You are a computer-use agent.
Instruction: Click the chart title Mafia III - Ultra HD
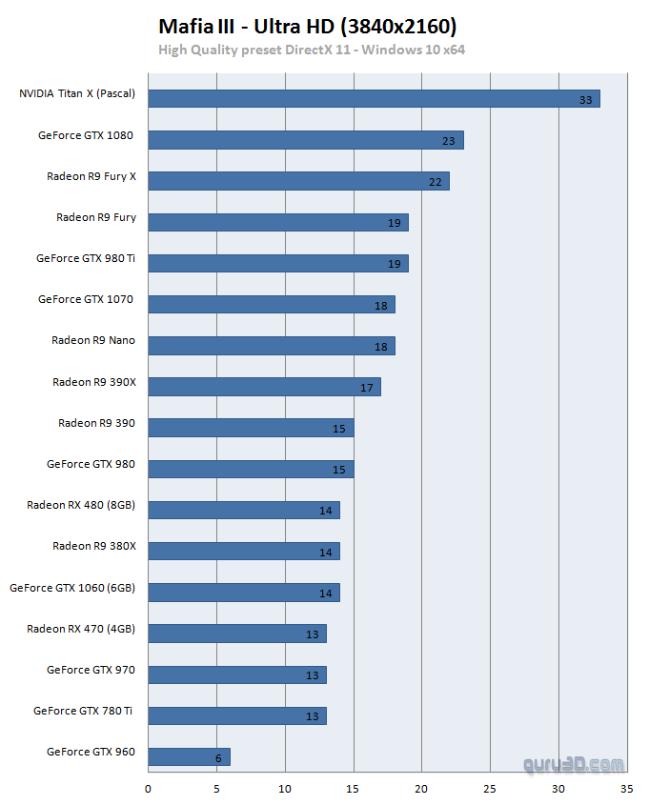(x=307, y=26)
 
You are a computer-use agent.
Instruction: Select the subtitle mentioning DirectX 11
(x=312, y=50)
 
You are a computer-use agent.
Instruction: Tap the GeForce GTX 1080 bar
(x=305, y=139)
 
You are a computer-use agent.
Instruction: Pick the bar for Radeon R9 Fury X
(x=298, y=180)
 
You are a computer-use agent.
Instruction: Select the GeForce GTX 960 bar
(x=189, y=756)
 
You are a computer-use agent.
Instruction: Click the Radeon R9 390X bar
(x=264, y=386)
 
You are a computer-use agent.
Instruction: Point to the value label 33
(x=585, y=100)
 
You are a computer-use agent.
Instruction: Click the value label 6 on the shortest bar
(x=218, y=758)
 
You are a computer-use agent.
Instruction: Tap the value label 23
(x=449, y=141)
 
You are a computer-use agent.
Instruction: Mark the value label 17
(x=367, y=388)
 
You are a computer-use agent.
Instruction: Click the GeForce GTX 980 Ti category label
(x=86, y=258)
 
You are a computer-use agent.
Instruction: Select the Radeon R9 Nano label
(x=93, y=340)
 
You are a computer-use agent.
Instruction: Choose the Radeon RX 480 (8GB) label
(x=81, y=505)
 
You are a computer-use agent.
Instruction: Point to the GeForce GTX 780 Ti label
(x=84, y=711)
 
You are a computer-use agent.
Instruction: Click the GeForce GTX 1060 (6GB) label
(x=72, y=588)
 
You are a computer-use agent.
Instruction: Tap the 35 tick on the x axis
(x=626, y=789)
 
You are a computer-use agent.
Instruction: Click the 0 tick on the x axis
(x=148, y=789)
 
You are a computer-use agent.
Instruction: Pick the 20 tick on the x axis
(x=421, y=789)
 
